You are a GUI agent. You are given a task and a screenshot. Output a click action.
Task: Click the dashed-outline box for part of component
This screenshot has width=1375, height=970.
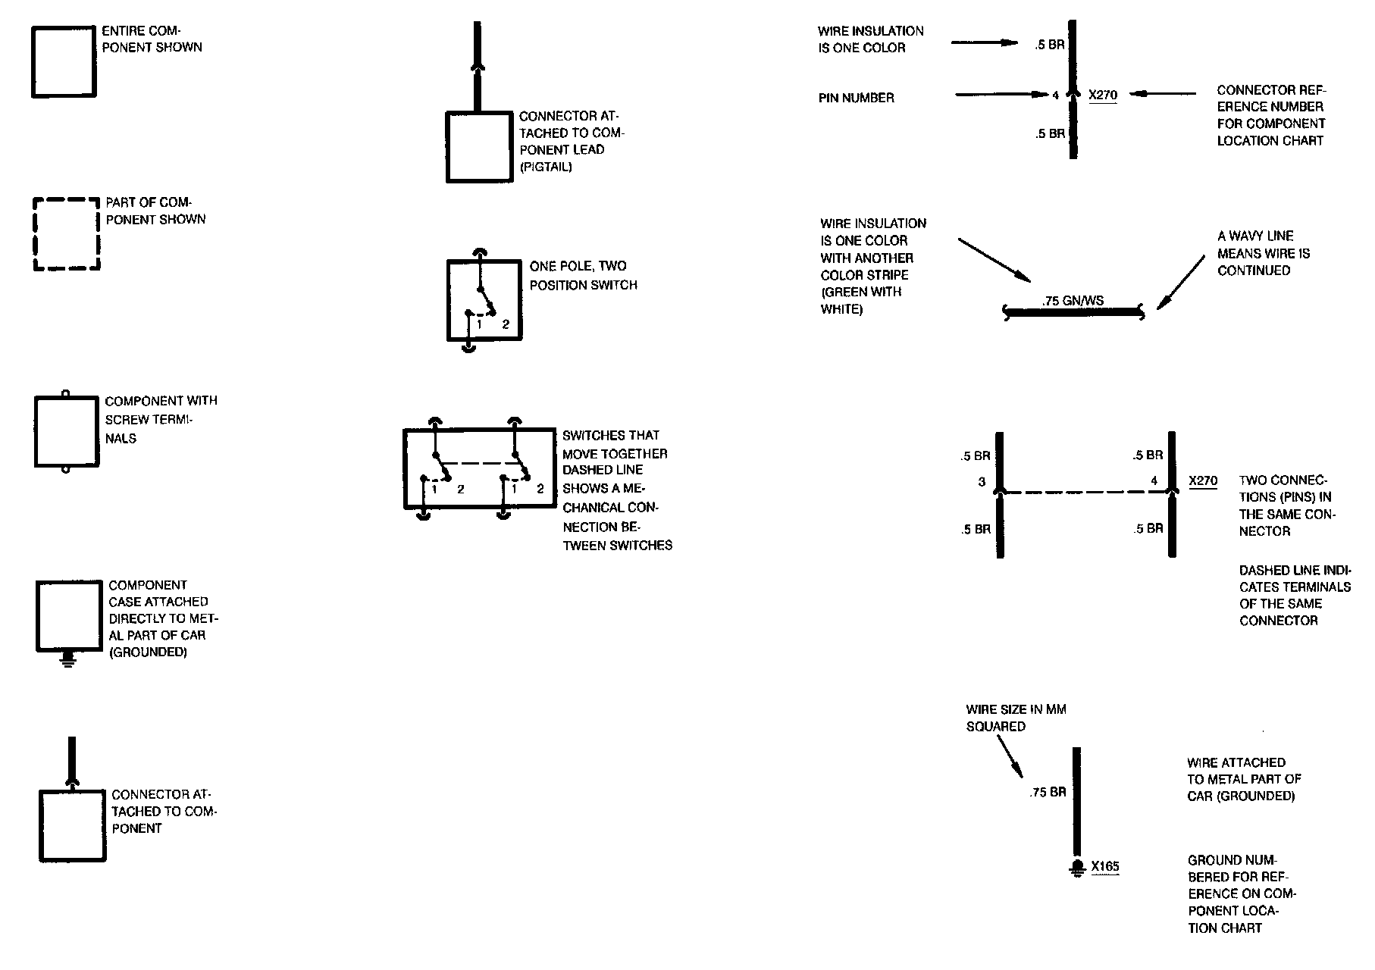click(x=67, y=234)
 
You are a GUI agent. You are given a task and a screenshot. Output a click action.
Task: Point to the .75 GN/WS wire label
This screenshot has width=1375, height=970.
click(x=1073, y=301)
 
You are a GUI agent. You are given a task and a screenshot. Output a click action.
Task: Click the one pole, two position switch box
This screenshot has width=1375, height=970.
click(x=484, y=300)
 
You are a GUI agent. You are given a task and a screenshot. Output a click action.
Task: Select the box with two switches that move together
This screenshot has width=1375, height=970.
click(x=479, y=469)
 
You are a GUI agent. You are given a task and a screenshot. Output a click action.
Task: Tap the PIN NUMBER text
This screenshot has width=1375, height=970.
click(x=856, y=98)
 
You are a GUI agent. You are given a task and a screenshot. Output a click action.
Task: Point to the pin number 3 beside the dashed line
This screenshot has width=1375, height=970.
click(x=982, y=481)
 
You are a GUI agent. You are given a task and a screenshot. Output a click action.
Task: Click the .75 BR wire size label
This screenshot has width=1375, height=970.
click(x=1048, y=792)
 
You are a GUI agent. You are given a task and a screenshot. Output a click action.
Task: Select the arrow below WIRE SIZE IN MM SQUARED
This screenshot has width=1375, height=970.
click(x=1009, y=758)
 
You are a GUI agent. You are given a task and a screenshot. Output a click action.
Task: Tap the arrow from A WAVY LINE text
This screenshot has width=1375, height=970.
click(x=1180, y=283)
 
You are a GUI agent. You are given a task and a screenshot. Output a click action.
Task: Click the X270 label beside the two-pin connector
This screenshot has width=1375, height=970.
click(x=1203, y=480)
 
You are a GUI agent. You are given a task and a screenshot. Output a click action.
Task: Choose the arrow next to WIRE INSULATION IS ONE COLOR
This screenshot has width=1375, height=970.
click(x=984, y=42)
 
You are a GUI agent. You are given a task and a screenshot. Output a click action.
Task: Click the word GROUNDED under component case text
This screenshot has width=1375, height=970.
click(x=149, y=652)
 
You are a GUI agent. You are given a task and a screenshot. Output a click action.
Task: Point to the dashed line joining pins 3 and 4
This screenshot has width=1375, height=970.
click(x=1085, y=493)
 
